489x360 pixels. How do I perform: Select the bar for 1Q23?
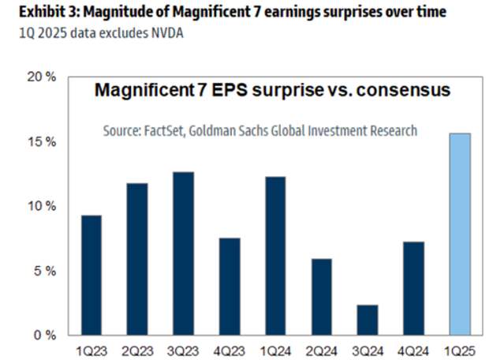click(x=91, y=276)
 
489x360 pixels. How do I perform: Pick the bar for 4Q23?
click(x=230, y=287)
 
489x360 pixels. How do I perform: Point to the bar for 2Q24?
click(x=321, y=297)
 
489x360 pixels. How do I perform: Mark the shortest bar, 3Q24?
click(x=367, y=320)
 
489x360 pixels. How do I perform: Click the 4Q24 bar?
click(x=413, y=288)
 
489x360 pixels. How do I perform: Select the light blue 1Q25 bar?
click(x=459, y=234)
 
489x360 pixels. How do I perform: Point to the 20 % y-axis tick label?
click(x=41, y=77)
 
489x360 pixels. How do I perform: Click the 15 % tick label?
click(x=41, y=142)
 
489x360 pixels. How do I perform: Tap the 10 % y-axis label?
click(x=41, y=206)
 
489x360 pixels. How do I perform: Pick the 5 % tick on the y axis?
click(x=44, y=271)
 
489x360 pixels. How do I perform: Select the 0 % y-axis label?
click(x=44, y=336)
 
